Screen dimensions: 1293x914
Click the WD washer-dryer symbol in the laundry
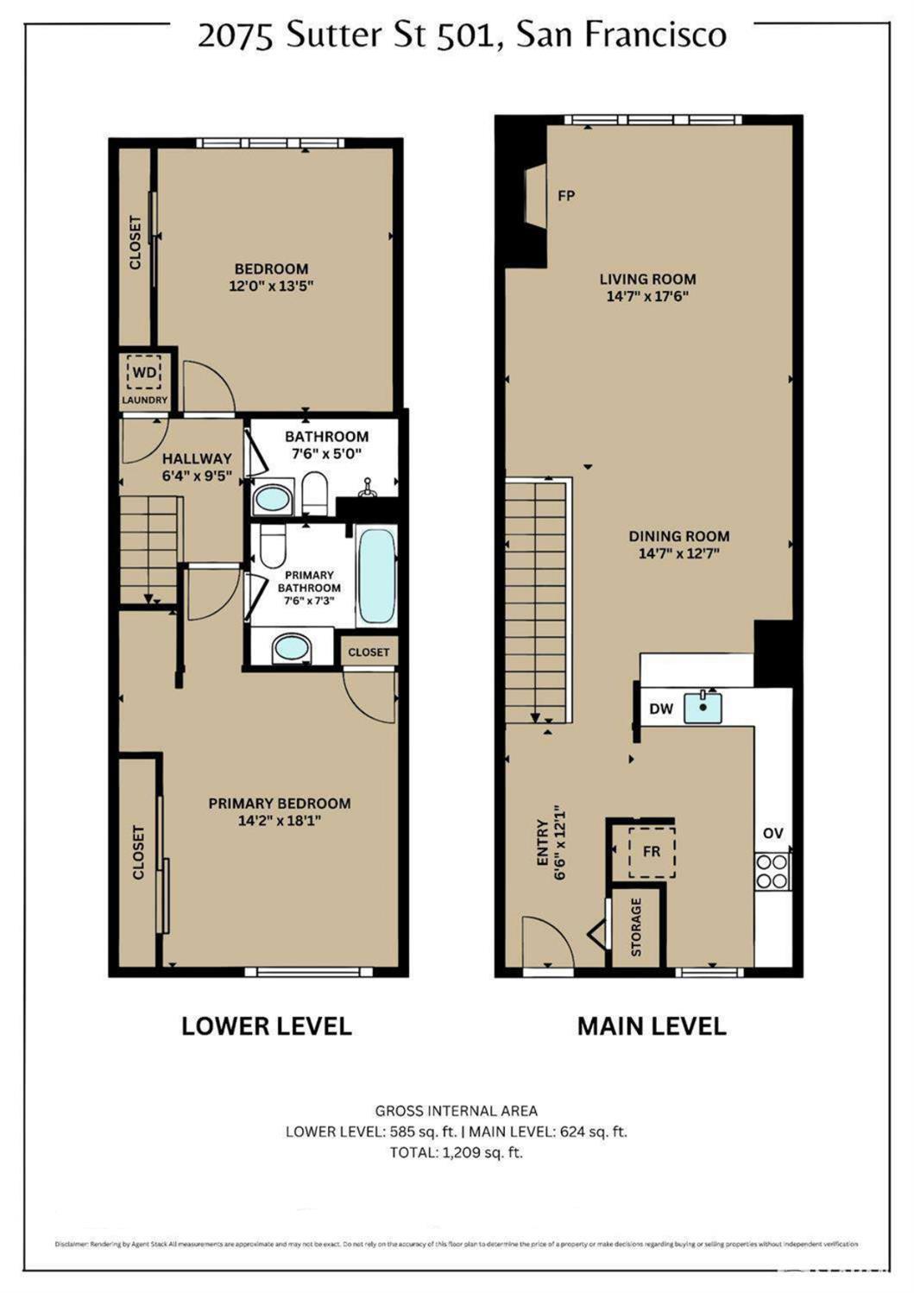click(x=143, y=373)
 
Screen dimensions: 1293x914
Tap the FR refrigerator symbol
click(x=651, y=851)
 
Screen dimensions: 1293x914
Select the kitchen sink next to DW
click(x=703, y=708)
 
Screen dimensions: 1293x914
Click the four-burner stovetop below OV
click(x=772, y=871)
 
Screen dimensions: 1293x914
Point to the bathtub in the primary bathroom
click(x=376, y=576)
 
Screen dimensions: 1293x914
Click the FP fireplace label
click(x=566, y=196)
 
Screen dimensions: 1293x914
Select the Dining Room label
click(x=678, y=536)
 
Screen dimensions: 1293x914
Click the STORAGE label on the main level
click(x=636, y=927)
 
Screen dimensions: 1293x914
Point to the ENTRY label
click(x=542, y=842)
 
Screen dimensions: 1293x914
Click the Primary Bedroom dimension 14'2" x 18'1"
click(x=280, y=821)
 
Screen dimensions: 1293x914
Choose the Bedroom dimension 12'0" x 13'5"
click(x=271, y=286)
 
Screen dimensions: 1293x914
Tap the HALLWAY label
click(x=197, y=458)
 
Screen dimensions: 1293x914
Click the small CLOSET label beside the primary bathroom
click(x=369, y=652)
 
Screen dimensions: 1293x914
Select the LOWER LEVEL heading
click(x=267, y=1025)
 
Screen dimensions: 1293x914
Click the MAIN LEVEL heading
click(x=652, y=1025)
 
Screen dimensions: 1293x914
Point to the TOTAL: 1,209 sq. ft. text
click(x=457, y=1152)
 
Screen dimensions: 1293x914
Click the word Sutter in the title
click(x=335, y=36)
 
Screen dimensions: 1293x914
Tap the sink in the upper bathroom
click(x=272, y=499)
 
